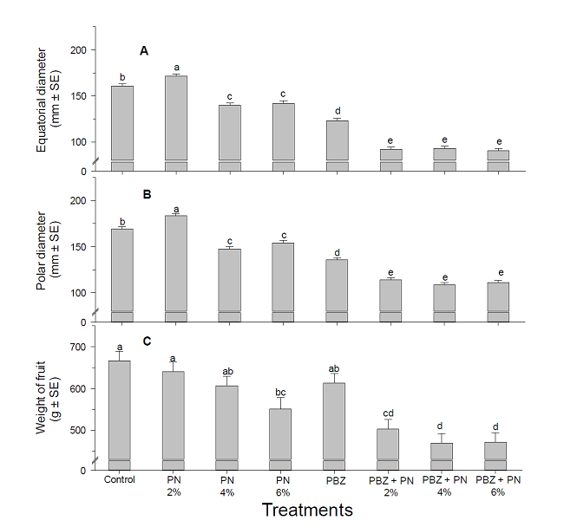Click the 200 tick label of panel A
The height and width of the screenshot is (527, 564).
pos(78,50)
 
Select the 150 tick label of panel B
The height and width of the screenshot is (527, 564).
pos(78,247)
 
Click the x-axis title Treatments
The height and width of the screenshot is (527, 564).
pos(306,510)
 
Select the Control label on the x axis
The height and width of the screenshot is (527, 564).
pos(121,478)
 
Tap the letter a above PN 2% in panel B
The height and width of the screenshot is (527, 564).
pos(177,209)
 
